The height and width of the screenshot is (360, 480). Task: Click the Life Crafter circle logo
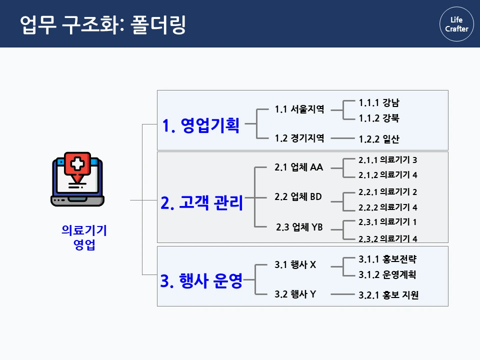[456, 24]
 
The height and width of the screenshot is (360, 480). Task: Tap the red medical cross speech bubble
[77, 164]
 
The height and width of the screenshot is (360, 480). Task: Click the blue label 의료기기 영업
[84, 237]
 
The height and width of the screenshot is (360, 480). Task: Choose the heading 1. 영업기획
[201, 125]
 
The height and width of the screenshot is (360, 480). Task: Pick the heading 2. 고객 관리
[201, 203]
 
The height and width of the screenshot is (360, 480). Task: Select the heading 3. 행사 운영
[201, 281]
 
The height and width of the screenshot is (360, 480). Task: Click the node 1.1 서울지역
[299, 109]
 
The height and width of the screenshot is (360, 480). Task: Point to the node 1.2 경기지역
[299, 138]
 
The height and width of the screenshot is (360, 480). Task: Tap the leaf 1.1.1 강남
[379, 103]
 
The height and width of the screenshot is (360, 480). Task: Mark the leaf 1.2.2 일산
[379, 139]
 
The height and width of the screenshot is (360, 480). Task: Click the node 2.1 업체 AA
[298, 167]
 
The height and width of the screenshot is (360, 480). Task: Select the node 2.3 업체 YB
[299, 227]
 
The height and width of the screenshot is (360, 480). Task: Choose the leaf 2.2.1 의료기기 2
[387, 192]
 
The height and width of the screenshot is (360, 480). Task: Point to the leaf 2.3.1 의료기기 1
[387, 222]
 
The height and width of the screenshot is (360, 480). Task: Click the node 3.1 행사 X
[295, 265]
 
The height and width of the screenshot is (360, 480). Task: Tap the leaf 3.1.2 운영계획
[387, 274]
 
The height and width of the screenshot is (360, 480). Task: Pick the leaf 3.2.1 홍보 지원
[388, 295]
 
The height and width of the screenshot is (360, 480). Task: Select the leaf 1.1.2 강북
[379, 118]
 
